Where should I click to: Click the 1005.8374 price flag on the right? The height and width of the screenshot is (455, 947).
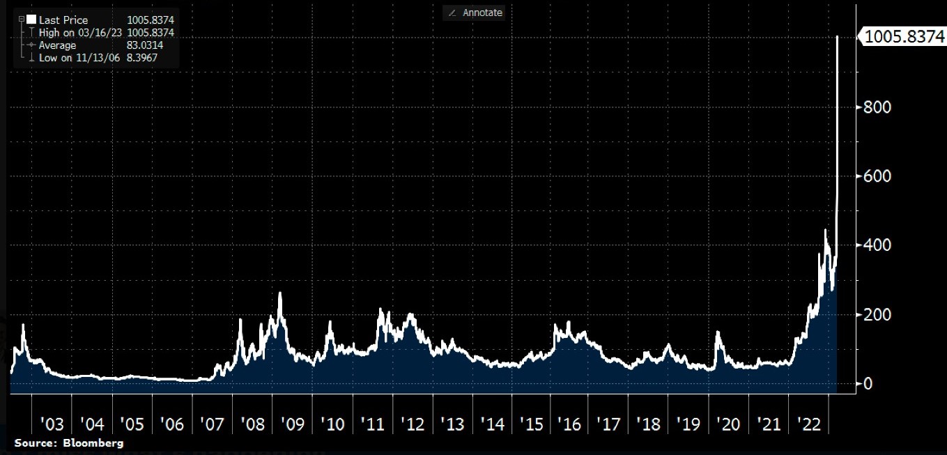point(904,38)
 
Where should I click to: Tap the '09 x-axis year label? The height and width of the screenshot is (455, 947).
point(292,424)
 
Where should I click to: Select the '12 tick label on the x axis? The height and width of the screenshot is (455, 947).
point(413,424)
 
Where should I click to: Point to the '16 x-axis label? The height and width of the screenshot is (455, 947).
point(570,424)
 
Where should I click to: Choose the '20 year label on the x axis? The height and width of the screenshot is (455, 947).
point(728,424)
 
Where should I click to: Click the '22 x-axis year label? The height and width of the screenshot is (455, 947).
point(808,424)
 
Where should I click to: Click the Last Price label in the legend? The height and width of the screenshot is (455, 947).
point(63,20)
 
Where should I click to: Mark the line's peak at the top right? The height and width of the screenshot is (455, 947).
point(836,36)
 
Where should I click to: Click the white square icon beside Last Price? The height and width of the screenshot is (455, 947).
point(31,20)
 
